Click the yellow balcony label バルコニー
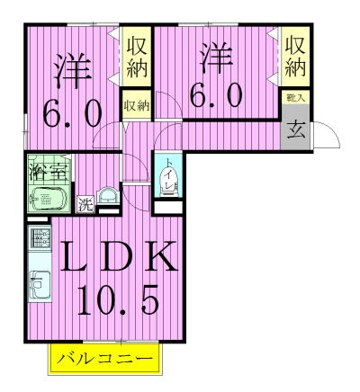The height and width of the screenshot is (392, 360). (106, 361)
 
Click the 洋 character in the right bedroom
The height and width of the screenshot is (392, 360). (217, 58)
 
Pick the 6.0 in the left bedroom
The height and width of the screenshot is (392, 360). (72, 114)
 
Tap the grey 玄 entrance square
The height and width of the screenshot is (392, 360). (295, 128)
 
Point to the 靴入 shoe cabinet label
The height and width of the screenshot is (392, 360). (295, 96)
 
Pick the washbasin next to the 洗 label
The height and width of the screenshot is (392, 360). (108, 195)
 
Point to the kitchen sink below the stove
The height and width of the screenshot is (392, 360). (40, 276)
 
